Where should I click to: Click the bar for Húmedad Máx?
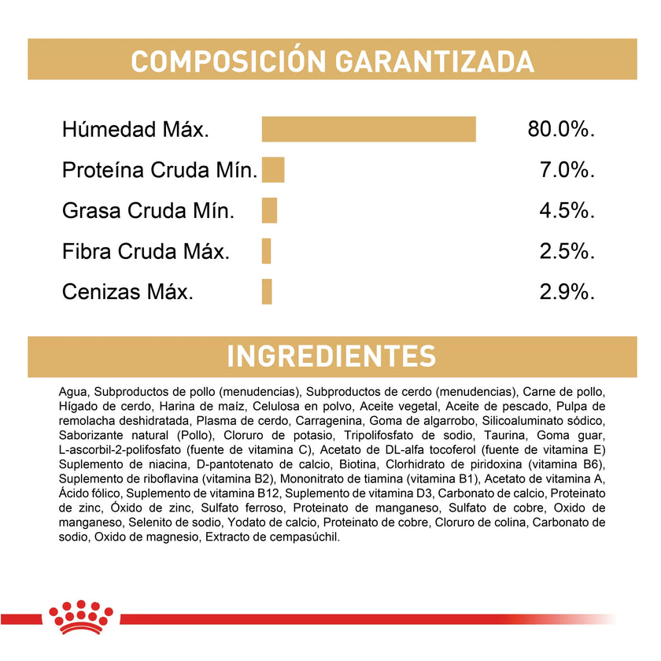369,129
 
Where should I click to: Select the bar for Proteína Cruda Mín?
273,170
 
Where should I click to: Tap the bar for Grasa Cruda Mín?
270,211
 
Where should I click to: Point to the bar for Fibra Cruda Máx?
267,251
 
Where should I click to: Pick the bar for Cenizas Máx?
267,292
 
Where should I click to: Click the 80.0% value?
561,129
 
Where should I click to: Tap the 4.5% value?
567,211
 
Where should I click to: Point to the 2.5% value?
567,252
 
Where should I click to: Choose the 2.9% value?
567,292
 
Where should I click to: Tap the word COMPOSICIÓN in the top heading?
217,61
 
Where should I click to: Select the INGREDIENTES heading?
331,356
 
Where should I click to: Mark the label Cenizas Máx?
127,292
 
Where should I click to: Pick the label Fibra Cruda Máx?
146,252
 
